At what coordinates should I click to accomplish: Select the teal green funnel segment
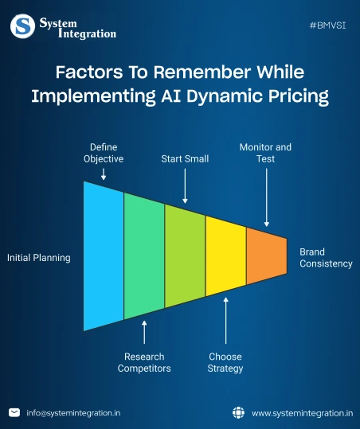tap(144, 256)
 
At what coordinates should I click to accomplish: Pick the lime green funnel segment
tap(185, 256)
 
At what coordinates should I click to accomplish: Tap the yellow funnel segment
tap(225, 256)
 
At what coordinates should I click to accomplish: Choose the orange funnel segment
tap(266, 256)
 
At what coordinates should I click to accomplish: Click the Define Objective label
tap(104, 153)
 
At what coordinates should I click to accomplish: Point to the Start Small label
tap(185, 158)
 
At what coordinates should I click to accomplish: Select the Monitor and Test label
tap(265, 153)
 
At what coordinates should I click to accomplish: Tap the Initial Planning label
tap(39, 258)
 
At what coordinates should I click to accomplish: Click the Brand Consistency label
tap(325, 258)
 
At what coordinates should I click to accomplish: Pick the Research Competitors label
tap(144, 362)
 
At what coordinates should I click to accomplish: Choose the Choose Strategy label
tap(225, 362)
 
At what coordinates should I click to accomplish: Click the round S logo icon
tap(22, 26)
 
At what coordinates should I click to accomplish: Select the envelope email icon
tap(14, 412)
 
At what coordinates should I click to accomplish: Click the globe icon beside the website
tap(237, 412)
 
